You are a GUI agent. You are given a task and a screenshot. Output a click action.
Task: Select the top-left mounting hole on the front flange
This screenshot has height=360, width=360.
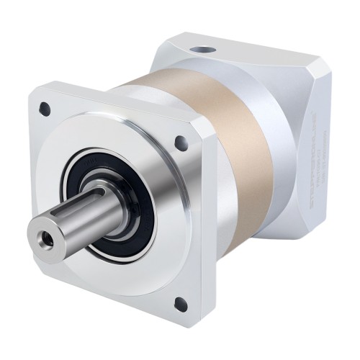[x=45, y=109]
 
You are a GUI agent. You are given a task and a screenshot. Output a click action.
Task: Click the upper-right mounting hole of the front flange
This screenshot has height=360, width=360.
[x=181, y=143]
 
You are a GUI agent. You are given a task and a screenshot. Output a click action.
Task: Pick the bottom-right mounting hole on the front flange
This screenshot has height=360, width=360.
[x=180, y=303]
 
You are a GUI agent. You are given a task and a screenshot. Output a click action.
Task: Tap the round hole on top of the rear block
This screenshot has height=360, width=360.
[x=207, y=51]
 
